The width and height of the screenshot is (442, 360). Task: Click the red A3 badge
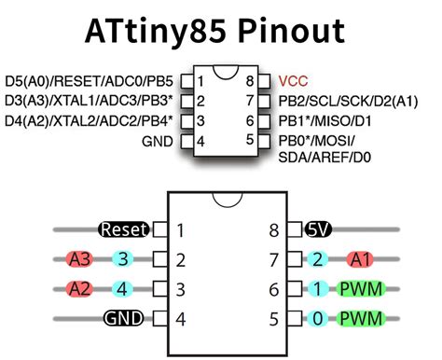click(x=79, y=259)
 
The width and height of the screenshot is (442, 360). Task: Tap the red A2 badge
click(x=79, y=289)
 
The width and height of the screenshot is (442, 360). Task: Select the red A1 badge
click(x=361, y=259)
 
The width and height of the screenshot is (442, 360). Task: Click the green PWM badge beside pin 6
click(x=362, y=289)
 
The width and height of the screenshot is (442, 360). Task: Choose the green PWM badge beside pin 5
click(x=362, y=319)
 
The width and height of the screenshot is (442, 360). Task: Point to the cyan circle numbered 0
click(x=318, y=319)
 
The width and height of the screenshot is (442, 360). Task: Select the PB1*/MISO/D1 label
click(x=319, y=120)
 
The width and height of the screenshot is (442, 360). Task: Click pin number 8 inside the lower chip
click(x=273, y=229)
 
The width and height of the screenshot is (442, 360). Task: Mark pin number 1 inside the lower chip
click(x=181, y=229)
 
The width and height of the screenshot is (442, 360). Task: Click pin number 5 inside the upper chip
click(x=249, y=141)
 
